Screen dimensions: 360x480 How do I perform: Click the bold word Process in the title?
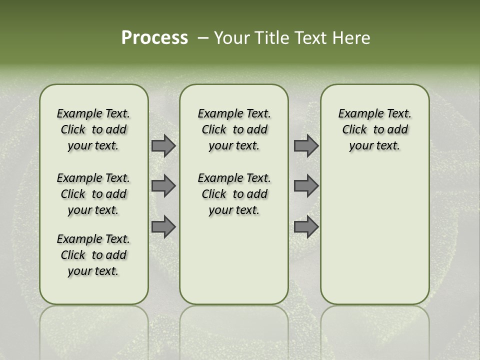[x=154, y=38]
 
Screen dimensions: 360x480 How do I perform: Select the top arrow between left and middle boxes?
[x=163, y=146]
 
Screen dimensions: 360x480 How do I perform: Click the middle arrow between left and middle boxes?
[x=163, y=186]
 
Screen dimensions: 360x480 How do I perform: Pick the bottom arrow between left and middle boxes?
[x=163, y=226]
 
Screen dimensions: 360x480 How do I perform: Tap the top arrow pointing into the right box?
[x=306, y=146]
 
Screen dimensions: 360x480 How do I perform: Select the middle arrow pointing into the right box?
[x=306, y=186]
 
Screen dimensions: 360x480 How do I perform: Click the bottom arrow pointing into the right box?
[x=306, y=226]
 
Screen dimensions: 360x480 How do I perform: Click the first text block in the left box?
[x=93, y=129]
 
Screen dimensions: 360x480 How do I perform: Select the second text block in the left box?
[x=93, y=194]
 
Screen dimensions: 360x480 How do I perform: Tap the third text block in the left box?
[x=93, y=255]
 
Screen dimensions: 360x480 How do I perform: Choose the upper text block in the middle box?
[x=234, y=129]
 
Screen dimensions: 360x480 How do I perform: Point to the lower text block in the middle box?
[x=234, y=194]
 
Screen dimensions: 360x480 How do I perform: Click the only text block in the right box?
[x=374, y=129]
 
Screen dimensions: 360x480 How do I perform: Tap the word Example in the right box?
[x=356, y=114]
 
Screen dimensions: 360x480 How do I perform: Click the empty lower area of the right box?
[x=374, y=235]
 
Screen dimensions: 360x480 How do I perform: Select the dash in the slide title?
[x=202, y=38]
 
